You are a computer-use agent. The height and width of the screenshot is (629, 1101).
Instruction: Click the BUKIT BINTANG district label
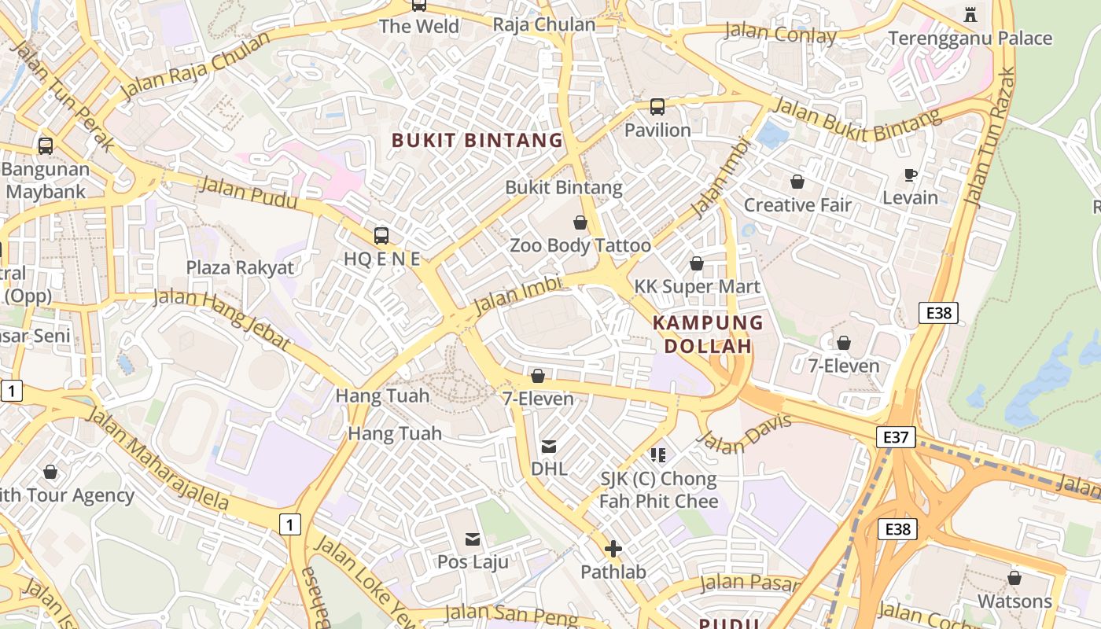(477, 141)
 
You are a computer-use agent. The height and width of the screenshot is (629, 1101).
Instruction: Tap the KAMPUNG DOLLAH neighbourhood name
(708, 334)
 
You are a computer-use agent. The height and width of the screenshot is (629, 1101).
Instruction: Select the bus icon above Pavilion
(657, 107)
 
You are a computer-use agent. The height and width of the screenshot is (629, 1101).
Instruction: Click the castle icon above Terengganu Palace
(970, 14)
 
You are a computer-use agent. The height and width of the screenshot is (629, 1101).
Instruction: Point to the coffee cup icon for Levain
(911, 175)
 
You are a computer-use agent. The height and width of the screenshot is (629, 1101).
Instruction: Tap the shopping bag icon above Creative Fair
(797, 182)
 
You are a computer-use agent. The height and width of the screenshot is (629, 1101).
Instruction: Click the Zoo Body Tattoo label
(580, 245)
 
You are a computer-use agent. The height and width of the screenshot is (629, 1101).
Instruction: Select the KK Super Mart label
(698, 286)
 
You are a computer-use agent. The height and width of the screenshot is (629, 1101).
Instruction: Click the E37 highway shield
(896, 437)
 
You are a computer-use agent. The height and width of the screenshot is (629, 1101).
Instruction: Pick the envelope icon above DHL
(549, 447)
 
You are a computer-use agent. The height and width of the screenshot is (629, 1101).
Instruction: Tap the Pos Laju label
(473, 561)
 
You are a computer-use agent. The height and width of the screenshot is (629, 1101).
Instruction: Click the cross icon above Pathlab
(613, 549)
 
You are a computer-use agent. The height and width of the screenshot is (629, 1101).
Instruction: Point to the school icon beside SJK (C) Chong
(659, 455)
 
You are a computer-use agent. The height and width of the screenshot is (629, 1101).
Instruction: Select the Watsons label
(1014, 601)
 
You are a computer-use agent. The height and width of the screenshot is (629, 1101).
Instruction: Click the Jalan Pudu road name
(248, 193)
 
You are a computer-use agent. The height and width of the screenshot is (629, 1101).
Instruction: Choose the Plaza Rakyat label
(240, 267)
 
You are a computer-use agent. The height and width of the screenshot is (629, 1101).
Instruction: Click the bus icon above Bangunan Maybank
(46, 146)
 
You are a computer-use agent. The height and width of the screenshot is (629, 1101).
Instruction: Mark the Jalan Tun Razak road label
(989, 138)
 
